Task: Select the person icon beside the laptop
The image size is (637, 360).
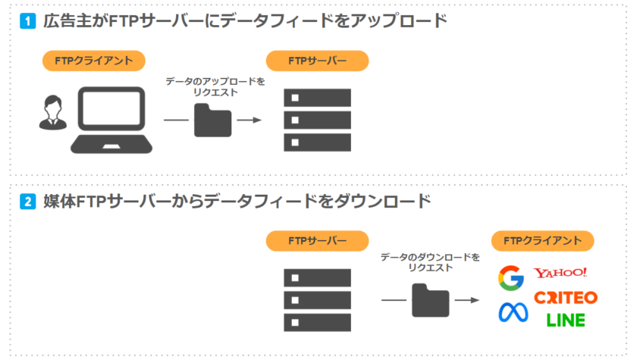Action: pos(51,114)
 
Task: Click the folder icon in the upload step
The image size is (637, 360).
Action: pos(212,120)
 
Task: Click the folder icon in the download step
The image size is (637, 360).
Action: pos(430,300)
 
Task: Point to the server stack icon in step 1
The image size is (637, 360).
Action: pos(317,120)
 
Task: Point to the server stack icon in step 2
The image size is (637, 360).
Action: pos(317,299)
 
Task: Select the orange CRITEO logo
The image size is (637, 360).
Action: pos(565,298)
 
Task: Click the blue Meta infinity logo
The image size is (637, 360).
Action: pos(512,311)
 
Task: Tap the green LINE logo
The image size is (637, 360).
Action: pos(566,321)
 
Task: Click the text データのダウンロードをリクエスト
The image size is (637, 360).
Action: pos(429,262)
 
